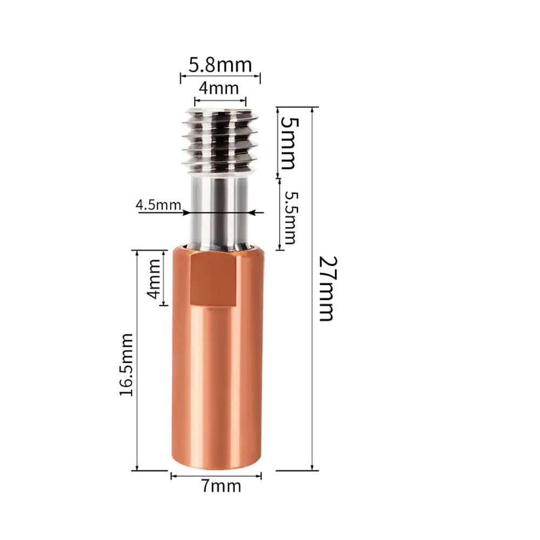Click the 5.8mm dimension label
pyautogui.click(x=220, y=65)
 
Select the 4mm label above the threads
pyautogui.click(x=219, y=87)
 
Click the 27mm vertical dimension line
pyautogui.click(x=312, y=324)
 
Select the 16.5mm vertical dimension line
pyautogui.click(x=137, y=410)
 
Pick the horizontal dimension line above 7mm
pyautogui.click(x=216, y=476)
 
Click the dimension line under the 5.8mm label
pyautogui.click(x=220, y=78)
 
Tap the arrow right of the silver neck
pyautogui.click(x=258, y=213)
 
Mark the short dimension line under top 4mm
pyautogui.click(x=220, y=100)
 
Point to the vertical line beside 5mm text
pyautogui.click(x=278, y=141)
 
